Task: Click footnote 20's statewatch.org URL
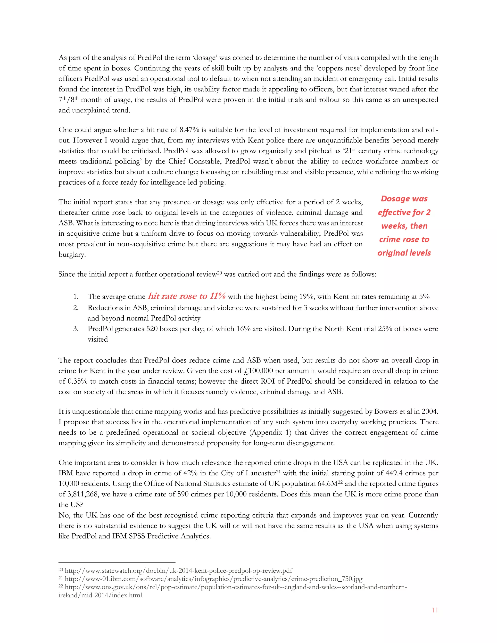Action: click(178, 571)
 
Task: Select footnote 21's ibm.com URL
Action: click(214, 579)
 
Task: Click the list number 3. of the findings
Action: click(76, 329)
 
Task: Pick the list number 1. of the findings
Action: click(76, 297)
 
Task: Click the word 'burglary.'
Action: click(72, 255)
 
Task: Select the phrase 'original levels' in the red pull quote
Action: click(404, 253)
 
